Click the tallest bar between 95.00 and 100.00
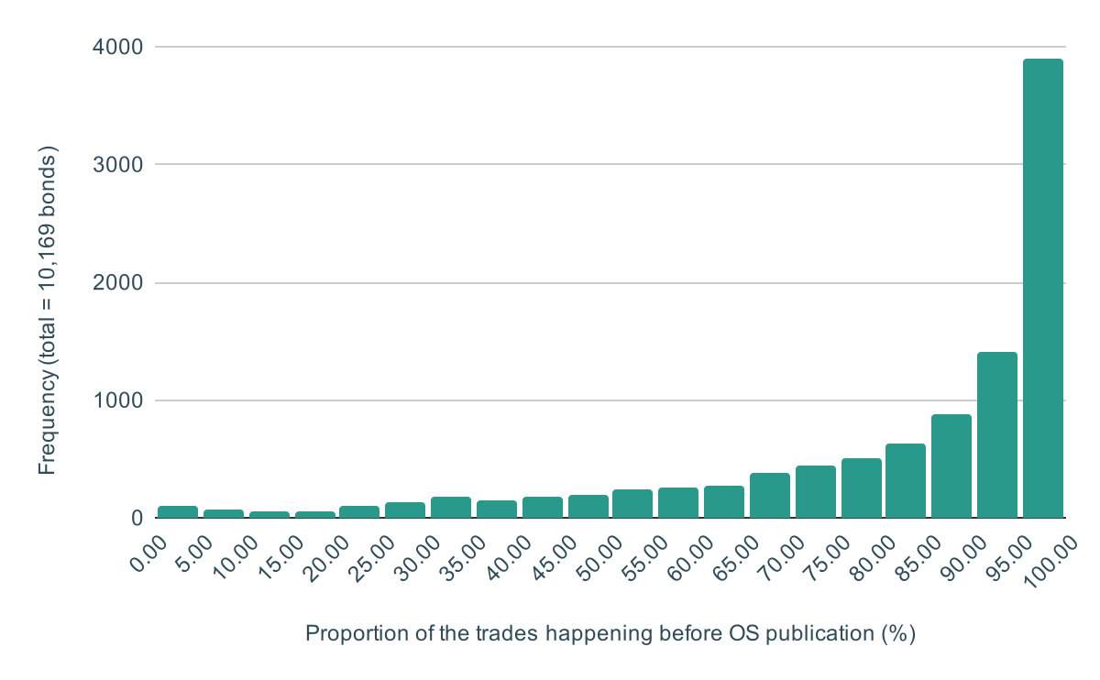click(x=1042, y=289)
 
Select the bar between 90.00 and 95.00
click(x=996, y=435)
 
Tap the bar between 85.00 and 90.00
click(x=951, y=466)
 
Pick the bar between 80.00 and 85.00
click(x=906, y=481)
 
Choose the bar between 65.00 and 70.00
click(x=769, y=496)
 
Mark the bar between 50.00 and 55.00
click(x=632, y=504)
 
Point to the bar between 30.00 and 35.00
click(x=450, y=508)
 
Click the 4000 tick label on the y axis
click(x=118, y=46)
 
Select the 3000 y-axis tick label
click(x=118, y=164)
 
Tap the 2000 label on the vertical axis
click(x=118, y=282)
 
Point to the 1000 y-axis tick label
click(x=118, y=400)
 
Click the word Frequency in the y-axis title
click(x=48, y=430)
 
